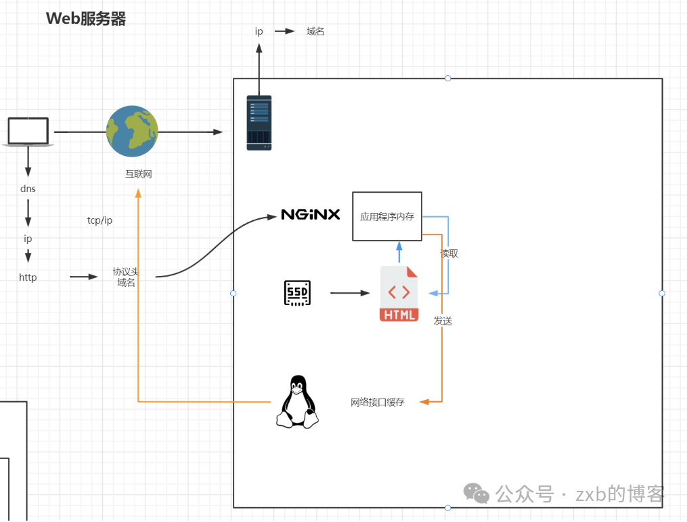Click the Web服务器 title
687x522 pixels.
[86, 18]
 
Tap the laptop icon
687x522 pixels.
[28, 132]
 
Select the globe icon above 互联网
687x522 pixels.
[132, 132]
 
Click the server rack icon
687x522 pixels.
[259, 122]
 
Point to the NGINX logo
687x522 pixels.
[311, 215]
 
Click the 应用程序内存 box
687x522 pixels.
[387, 216]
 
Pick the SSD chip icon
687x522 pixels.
[297, 293]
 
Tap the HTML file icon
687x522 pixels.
[399, 294]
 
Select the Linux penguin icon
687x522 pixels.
[296, 401]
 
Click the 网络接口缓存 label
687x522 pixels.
[377, 402]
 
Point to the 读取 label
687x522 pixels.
[449, 253]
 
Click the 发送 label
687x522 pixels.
[443, 321]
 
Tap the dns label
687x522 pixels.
[28, 188]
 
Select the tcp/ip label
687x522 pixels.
[99, 220]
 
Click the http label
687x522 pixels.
[28, 277]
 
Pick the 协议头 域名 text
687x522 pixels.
[126, 277]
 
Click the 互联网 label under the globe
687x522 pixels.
[138, 174]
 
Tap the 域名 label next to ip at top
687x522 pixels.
[315, 31]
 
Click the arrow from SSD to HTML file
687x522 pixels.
[350, 293]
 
